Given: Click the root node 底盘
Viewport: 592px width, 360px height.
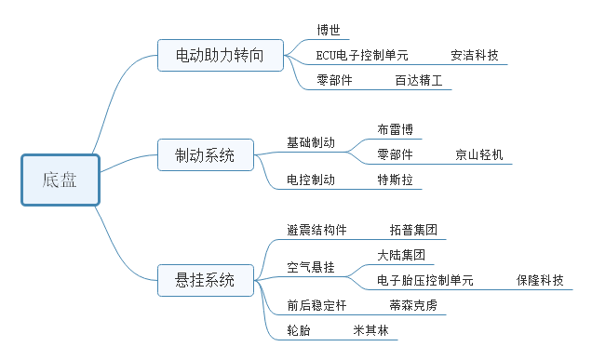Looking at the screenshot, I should (60, 180).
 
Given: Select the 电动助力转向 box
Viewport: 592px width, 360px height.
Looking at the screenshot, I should (220, 56).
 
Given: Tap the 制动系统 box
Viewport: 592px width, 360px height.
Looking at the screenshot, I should (205, 154).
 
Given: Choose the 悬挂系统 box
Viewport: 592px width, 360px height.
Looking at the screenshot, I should (205, 278).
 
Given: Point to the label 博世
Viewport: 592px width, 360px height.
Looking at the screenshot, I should (329, 30).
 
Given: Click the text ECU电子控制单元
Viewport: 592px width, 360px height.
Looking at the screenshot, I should (362, 56).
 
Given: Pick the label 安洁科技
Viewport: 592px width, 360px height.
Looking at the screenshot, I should (474, 56).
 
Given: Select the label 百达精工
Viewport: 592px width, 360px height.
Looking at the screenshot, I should (418, 81).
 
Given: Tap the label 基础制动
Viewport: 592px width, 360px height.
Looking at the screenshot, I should (311, 142).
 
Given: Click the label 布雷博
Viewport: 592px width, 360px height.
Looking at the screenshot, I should (395, 129).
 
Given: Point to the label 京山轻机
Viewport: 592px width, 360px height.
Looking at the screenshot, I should (478, 154).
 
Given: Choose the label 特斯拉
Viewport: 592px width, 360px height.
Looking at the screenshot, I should (395, 180).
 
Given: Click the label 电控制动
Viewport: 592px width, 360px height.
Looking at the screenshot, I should (311, 180).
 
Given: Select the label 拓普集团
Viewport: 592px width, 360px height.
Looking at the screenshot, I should (413, 230).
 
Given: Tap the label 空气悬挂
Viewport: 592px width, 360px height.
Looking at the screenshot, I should (311, 267).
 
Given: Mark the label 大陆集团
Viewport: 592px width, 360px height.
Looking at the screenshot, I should (401, 254).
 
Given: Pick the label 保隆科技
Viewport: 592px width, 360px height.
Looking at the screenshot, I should (540, 279).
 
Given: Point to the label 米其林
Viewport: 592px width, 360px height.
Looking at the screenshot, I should (370, 330).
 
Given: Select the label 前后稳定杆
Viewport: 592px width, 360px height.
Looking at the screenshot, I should (317, 304).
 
